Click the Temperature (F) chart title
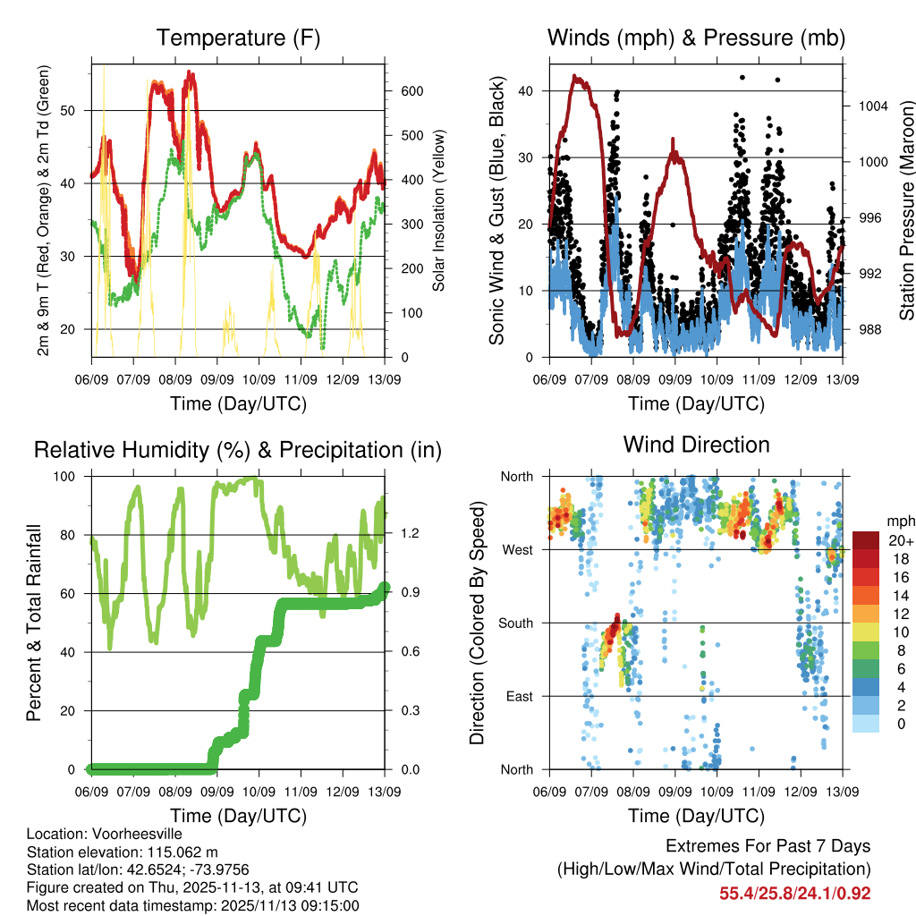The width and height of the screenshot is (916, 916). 238,38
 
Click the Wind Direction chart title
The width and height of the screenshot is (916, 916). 696,444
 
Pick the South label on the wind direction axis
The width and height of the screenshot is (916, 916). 515,623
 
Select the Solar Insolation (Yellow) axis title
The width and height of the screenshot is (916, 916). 439,211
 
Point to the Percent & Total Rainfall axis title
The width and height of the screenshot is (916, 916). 33,623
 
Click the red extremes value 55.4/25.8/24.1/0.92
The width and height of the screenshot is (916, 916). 794,893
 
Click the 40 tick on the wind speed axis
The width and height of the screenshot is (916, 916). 526,90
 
